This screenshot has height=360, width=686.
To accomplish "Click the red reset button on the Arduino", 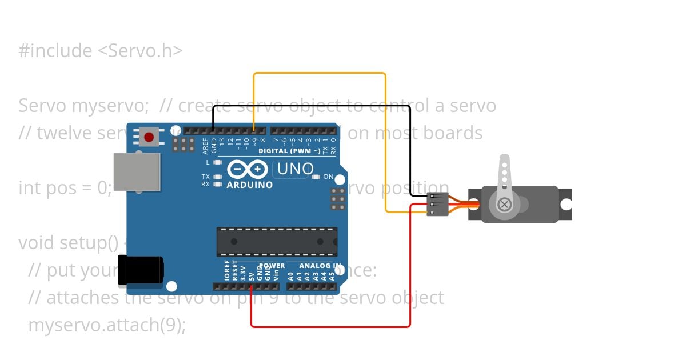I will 149,137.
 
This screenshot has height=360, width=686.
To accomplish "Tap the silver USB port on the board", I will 137,171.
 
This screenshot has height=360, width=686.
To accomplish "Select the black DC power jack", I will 141,270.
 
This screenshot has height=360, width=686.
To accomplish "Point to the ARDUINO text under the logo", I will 249,185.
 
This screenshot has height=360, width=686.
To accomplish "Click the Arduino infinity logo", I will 248,169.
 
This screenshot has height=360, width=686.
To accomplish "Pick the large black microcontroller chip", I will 277,242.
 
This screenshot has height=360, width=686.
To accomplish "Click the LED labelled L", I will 217,163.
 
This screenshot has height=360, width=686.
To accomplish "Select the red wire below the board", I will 330,327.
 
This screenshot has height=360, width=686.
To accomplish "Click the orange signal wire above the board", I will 319,73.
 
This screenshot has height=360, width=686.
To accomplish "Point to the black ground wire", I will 312,106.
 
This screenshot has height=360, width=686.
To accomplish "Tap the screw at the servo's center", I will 504,205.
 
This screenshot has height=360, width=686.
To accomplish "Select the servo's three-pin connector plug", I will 437,205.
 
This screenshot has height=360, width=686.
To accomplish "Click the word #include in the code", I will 55,51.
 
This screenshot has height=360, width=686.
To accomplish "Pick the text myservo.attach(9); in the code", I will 107,325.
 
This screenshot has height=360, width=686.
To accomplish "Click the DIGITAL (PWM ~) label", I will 289,151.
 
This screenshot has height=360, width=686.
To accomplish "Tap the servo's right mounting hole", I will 565,205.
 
